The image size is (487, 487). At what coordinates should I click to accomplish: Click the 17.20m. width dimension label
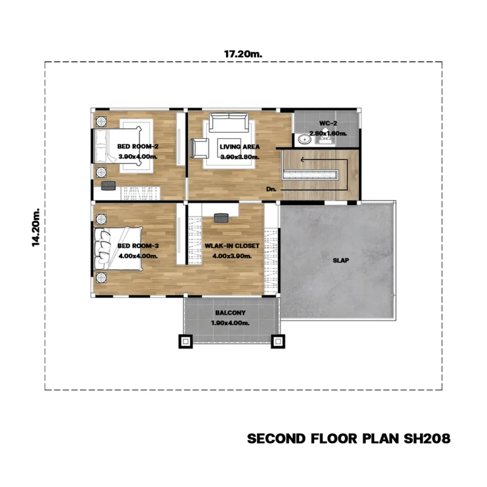point(243,54)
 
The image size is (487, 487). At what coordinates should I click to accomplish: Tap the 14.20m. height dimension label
point(36,227)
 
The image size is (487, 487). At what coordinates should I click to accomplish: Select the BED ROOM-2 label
point(137,146)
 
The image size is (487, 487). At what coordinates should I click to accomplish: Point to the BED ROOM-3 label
point(138,246)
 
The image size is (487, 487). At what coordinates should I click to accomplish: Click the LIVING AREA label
point(240,147)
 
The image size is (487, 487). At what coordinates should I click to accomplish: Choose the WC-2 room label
point(328,123)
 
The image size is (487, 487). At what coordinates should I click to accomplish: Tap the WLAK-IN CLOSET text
point(232,246)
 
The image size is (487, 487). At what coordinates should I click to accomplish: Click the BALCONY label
point(230,313)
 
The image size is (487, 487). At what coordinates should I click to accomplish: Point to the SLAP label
point(341,261)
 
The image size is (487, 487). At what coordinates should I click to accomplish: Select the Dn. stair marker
point(271,189)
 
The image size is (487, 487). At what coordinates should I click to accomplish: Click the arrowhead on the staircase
point(302,160)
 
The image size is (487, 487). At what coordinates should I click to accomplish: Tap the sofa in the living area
point(229,122)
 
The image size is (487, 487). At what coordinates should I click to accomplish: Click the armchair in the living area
point(199,148)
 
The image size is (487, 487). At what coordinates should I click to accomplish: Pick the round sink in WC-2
point(304,139)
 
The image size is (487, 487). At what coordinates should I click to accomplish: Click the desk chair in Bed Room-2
point(108,185)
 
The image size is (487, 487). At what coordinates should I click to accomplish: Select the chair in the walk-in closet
point(221,218)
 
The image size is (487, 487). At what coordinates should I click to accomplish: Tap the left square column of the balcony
point(185,341)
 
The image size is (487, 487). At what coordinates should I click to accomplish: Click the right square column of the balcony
point(278,341)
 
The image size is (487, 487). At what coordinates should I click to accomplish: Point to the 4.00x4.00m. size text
point(138,256)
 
